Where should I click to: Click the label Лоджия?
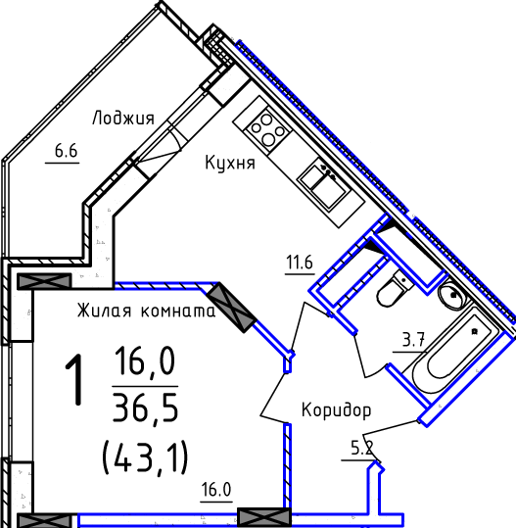[123, 119]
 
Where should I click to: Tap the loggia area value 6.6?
[67, 151]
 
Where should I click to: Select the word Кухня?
[230, 163]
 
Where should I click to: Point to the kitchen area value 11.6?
[300, 263]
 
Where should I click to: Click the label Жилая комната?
[147, 311]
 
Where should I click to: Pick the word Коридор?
[336, 410]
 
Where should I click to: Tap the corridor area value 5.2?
[362, 449]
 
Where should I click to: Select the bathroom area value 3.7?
[413, 340]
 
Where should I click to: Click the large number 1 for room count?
[74, 379]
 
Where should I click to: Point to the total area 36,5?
[145, 408]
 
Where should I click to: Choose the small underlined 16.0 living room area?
[216, 490]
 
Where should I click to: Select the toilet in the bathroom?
[397, 288]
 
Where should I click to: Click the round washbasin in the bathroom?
[452, 295]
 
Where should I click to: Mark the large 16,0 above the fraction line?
[145, 361]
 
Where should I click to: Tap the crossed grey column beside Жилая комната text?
[231, 308]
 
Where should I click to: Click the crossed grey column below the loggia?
[44, 281]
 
